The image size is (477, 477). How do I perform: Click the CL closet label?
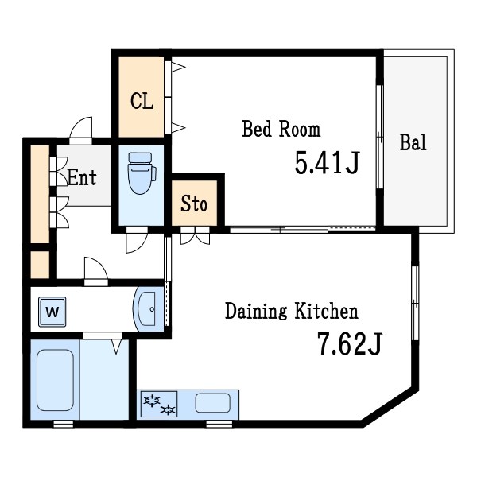pyautogui.click(x=142, y=101)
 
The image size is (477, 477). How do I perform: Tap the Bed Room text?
pyautogui.click(x=281, y=129)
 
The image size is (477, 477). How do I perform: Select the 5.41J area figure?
pyautogui.click(x=328, y=162)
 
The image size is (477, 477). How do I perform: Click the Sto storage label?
pyautogui.click(x=194, y=204)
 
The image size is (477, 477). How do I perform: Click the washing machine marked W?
pyautogui.click(x=52, y=312)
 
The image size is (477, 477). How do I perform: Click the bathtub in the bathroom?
pyautogui.click(x=55, y=380)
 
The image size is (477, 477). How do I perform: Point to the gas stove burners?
pyautogui.click(x=159, y=404)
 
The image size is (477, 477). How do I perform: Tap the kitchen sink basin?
pyautogui.click(x=212, y=403)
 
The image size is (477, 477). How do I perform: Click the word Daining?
pyautogui.click(x=256, y=311)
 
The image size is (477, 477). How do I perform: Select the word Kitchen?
pyautogui.click(x=327, y=311)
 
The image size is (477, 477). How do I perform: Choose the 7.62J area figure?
pyautogui.click(x=349, y=344)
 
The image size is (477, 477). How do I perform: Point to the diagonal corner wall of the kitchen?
pyautogui.click(x=390, y=407)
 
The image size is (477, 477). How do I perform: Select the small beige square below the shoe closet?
pyautogui.click(x=41, y=265)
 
